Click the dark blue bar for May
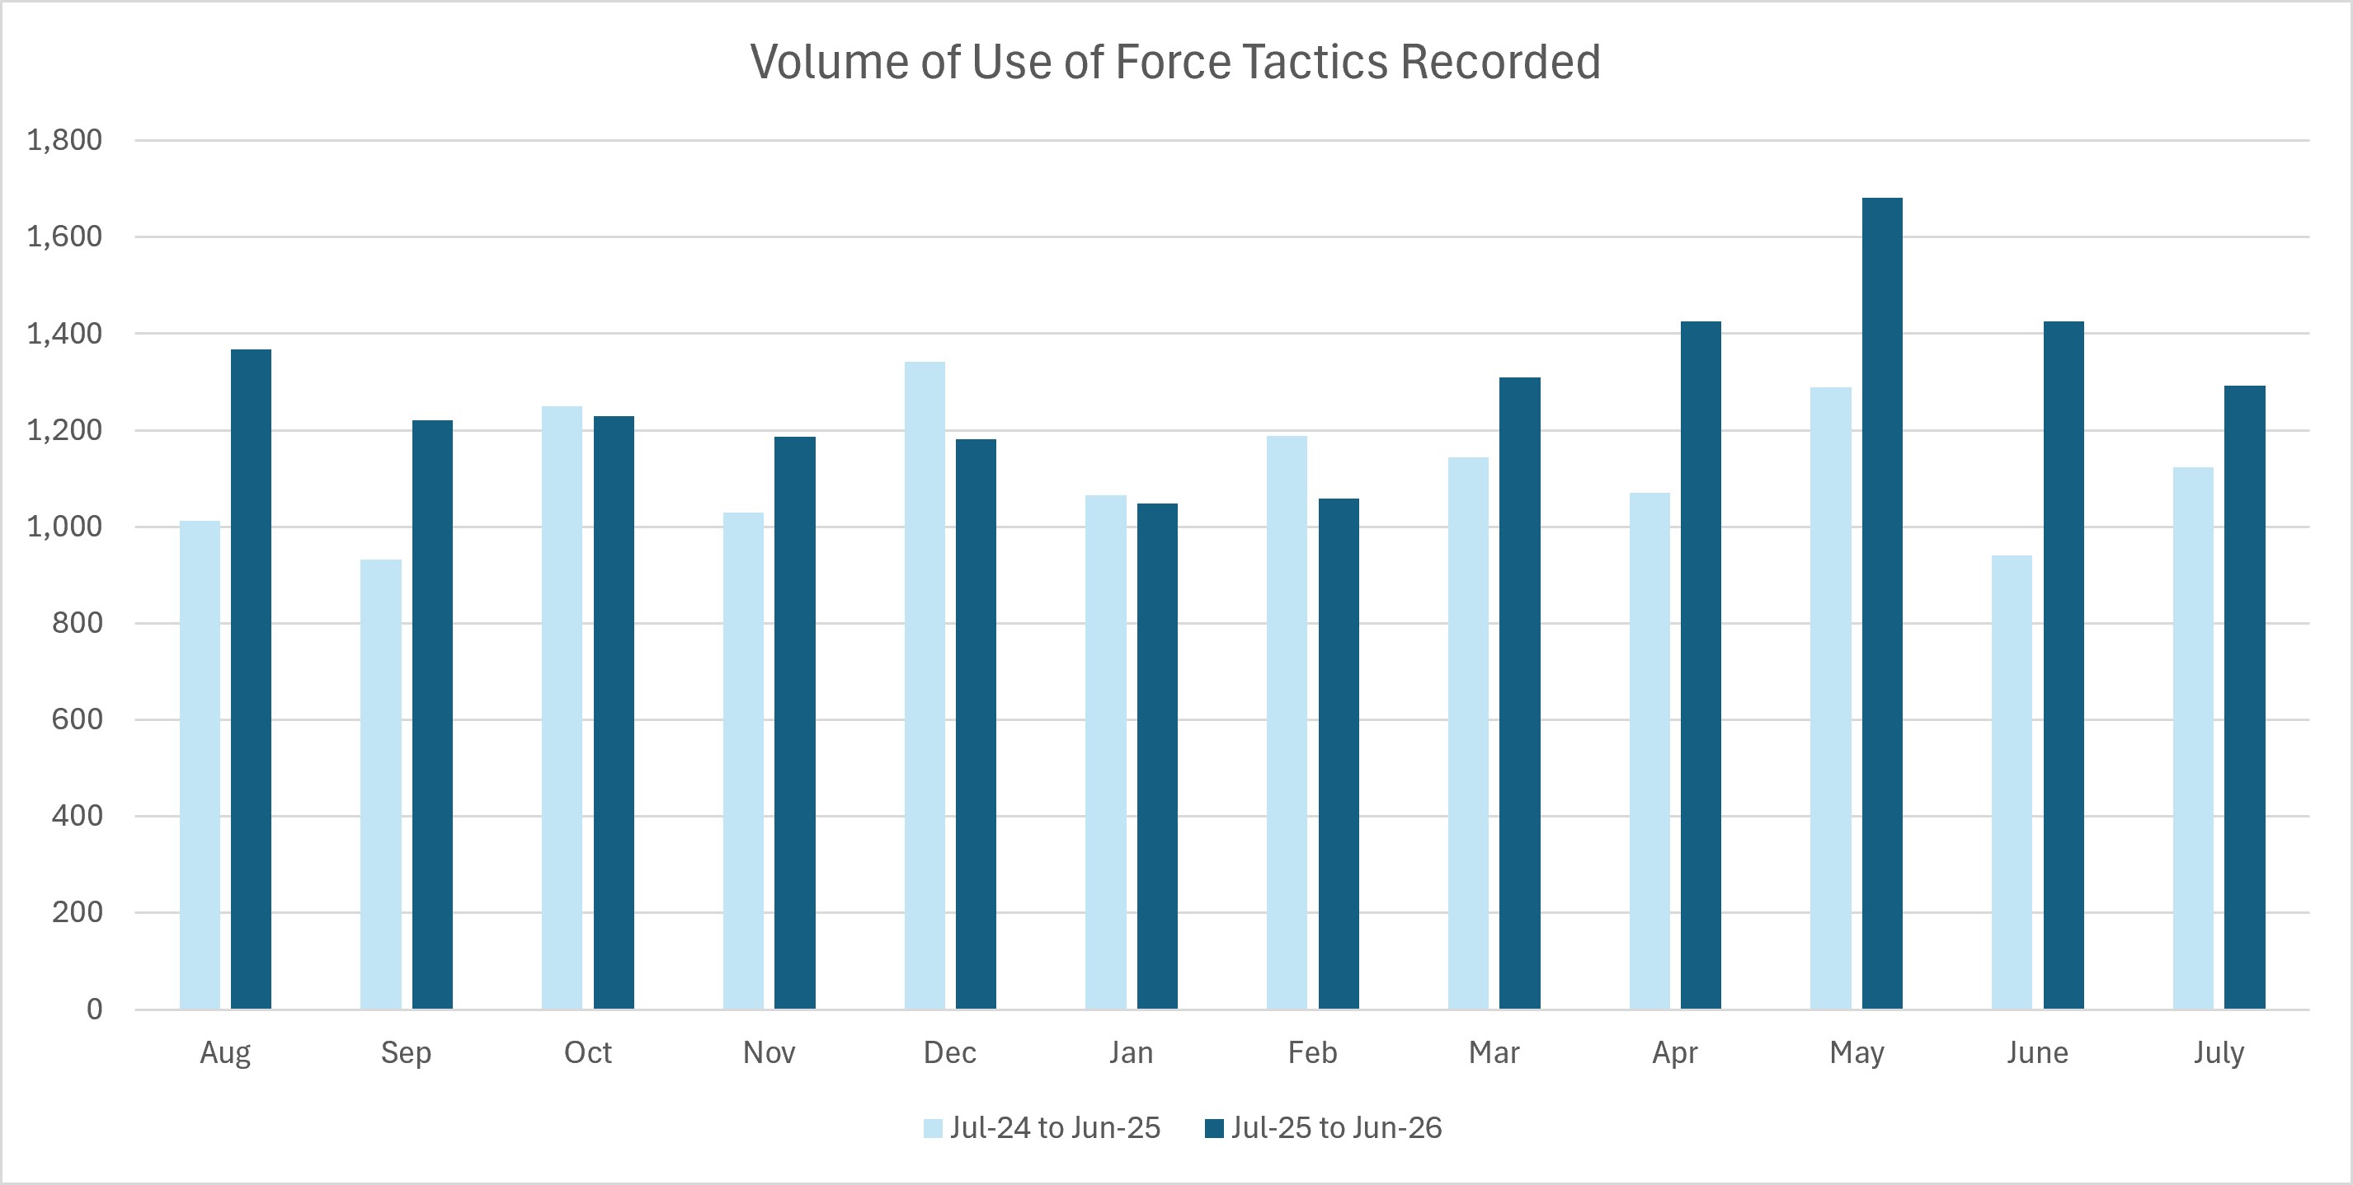point(1882,603)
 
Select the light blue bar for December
point(925,686)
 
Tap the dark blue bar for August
point(252,679)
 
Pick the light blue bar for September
point(381,785)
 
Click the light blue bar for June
point(2012,782)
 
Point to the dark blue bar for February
point(1339,754)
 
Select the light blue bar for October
point(562,708)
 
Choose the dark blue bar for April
point(1701,666)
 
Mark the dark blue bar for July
point(2244,697)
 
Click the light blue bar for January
point(1106,752)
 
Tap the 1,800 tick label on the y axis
point(65,141)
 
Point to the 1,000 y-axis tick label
point(65,527)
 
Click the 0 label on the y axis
point(95,1009)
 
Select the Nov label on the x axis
point(769,1052)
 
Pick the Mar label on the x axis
point(1494,1052)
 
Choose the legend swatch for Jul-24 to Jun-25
point(933,1128)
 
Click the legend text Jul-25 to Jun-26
point(1336,1128)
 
